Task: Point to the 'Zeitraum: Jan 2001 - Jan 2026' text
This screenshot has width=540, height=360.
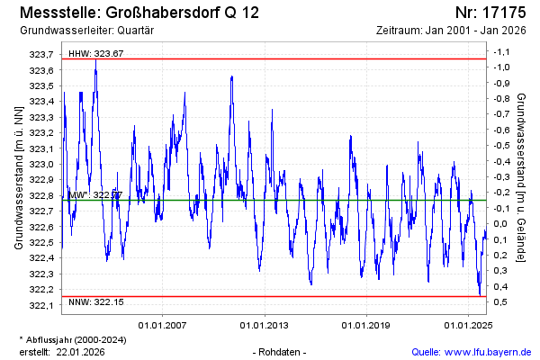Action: (453, 31)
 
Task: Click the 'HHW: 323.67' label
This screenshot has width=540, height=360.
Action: (96, 54)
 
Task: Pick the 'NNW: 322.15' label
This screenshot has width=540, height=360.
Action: (96, 302)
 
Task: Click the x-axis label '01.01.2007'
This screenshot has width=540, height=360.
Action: (162, 325)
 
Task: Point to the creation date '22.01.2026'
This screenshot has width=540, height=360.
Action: (80, 351)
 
